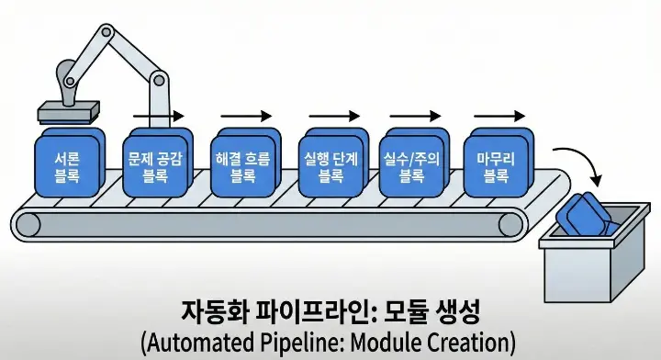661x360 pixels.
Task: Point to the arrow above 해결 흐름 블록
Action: [x=245, y=116]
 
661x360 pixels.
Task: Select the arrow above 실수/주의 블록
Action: [x=415, y=116]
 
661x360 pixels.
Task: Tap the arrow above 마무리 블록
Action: [x=499, y=116]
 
